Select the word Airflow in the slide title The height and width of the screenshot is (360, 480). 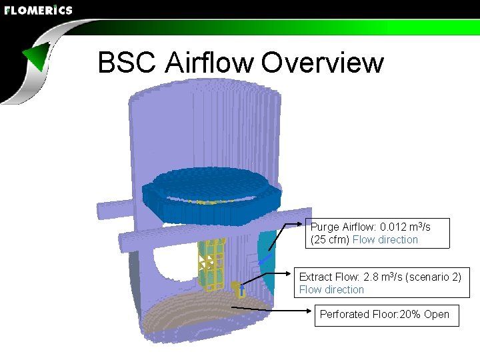point(209,63)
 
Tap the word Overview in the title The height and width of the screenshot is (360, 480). point(323,63)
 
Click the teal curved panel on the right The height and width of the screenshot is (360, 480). point(267,260)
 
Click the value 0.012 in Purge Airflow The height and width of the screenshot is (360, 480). point(395,227)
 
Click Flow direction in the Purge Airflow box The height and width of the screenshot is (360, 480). point(385,240)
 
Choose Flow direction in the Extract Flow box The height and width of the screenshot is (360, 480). point(331,290)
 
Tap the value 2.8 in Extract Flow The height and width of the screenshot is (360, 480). point(371,277)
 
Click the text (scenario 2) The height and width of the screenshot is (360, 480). point(433,277)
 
